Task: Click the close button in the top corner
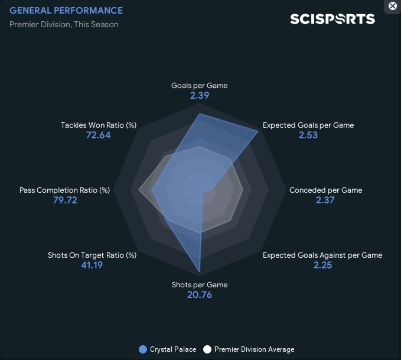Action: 393,6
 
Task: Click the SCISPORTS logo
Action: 332,19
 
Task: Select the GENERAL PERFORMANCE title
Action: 66,11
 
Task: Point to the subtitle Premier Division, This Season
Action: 64,24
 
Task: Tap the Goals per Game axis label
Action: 199,86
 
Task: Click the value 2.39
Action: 200,96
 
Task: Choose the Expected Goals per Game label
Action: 308,125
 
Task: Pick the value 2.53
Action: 308,135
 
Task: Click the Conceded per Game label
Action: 325,190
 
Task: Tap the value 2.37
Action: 325,200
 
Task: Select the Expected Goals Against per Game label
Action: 322,255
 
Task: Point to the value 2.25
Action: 322,265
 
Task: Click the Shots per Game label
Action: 200,285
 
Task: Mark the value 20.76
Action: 200,295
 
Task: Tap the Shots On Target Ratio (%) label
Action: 92,255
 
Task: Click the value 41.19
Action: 92,265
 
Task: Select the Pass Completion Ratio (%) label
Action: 65,190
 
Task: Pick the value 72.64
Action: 98,135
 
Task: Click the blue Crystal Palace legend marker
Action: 142,349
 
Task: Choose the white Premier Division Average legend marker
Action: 207,349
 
